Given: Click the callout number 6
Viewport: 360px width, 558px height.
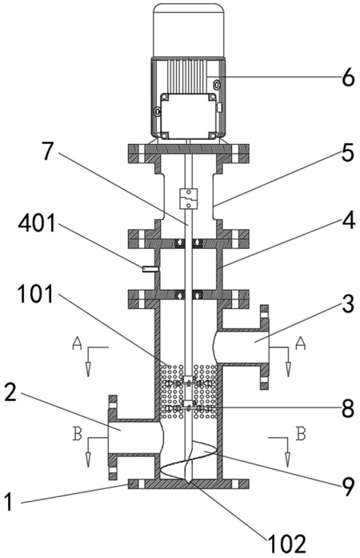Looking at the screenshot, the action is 348,77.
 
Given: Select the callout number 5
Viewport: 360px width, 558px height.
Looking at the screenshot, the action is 347,152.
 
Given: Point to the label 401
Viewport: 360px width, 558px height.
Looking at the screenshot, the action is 37,223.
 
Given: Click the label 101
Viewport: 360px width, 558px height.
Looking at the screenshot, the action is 35,295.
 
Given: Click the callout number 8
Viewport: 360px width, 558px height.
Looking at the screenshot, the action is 348,408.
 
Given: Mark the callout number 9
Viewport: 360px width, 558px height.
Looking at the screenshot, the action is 348,487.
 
